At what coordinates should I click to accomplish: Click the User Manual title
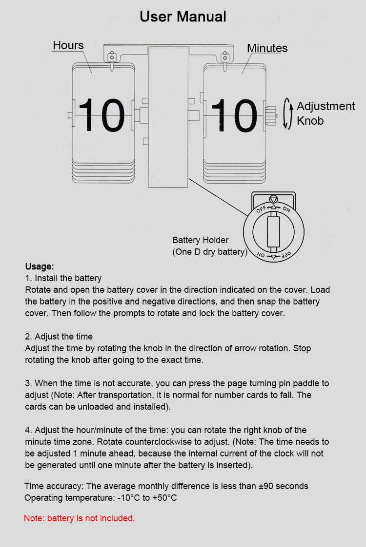pyautogui.click(x=183, y=17)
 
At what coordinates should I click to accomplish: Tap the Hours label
pyautogui.click(x=68, y=45)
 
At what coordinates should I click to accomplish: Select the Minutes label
pyautogui.click(x=267, y=48)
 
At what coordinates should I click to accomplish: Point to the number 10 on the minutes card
pyautogui.click(x=234, y=115)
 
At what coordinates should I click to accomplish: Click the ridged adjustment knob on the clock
pyautogui.click(x=270, y=115)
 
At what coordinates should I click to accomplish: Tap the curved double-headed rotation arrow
pyautogui.click(x=287, y=113)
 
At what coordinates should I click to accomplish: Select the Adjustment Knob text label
pyautogui.click(x=326, y=113)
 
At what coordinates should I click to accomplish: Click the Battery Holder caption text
pyautogui.click(x=210, y=246)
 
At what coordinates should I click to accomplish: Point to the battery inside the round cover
pyautogui.click(x=273, y=232)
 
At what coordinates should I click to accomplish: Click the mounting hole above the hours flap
pyautogui.click(x=112, y=57)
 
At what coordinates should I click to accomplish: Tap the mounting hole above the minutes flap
pyautogui.click(x=225, y=57)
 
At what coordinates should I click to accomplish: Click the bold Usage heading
pyautogui.click(x=40, y=266)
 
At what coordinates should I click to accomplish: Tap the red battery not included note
pyautogui.click(x=80, y=518)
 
